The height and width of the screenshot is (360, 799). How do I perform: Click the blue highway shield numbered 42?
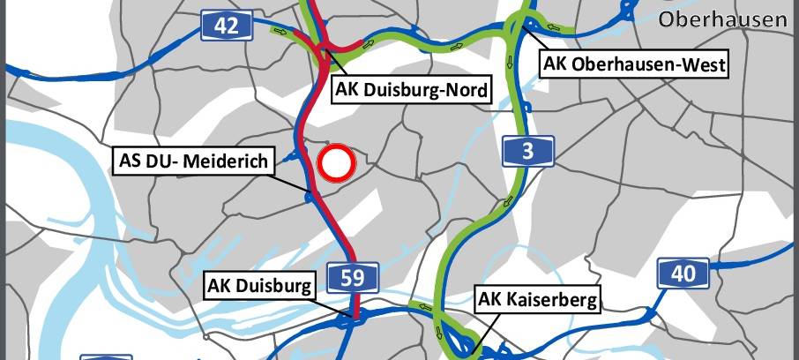227,25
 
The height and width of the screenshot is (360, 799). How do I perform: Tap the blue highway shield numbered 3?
528,151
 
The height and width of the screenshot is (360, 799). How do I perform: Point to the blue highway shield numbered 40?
683,274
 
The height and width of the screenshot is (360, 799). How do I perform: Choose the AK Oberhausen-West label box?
634,64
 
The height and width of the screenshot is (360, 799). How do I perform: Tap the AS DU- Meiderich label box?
196,161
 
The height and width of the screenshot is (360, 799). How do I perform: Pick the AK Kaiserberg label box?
538,300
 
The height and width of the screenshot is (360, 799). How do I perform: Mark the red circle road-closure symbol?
335,162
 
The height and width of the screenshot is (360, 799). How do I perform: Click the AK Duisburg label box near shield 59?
259,287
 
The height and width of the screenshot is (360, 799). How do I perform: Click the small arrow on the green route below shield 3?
508,206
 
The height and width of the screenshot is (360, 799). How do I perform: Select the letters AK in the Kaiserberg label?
491,300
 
